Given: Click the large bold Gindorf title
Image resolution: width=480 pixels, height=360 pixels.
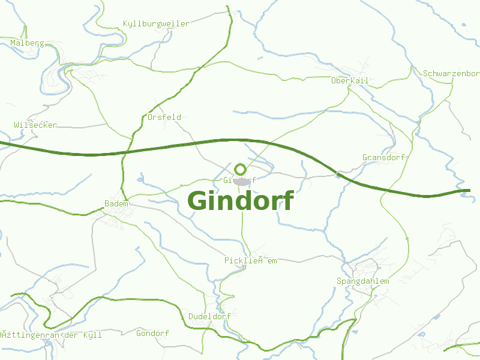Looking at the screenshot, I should [241, 201].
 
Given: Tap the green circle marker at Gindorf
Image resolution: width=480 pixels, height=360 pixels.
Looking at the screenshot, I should [241, 169].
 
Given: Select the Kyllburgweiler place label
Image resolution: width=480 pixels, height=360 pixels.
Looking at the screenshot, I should [156, 24].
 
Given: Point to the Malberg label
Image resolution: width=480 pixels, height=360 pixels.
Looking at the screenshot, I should [27, 43].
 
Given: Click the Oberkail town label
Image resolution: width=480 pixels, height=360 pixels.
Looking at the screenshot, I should [349, 80].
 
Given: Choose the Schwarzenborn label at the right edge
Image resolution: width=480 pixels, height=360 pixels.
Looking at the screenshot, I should [451, 73].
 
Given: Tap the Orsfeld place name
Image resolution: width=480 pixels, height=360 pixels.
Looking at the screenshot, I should [164, 117].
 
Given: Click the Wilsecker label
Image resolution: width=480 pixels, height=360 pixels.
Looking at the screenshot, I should [35, 125].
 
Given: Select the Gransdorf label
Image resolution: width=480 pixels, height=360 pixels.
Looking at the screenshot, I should [384, 157].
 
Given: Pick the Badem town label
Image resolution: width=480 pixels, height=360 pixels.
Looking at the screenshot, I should [116, 204].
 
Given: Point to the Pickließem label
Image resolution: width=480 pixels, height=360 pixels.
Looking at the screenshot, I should [251, 260].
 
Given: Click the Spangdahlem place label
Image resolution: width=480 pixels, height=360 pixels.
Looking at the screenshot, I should [362, 281].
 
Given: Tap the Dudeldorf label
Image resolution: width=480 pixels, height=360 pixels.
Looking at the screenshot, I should [209, 316].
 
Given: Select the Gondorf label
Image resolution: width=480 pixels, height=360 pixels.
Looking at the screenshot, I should [153, 333].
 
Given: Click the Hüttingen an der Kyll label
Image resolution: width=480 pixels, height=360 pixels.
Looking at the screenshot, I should [51, 335].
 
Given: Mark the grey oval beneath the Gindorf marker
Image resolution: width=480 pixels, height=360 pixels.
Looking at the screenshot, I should [242, 181].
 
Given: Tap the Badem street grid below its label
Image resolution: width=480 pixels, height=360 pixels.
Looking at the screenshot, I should [111, 219].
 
